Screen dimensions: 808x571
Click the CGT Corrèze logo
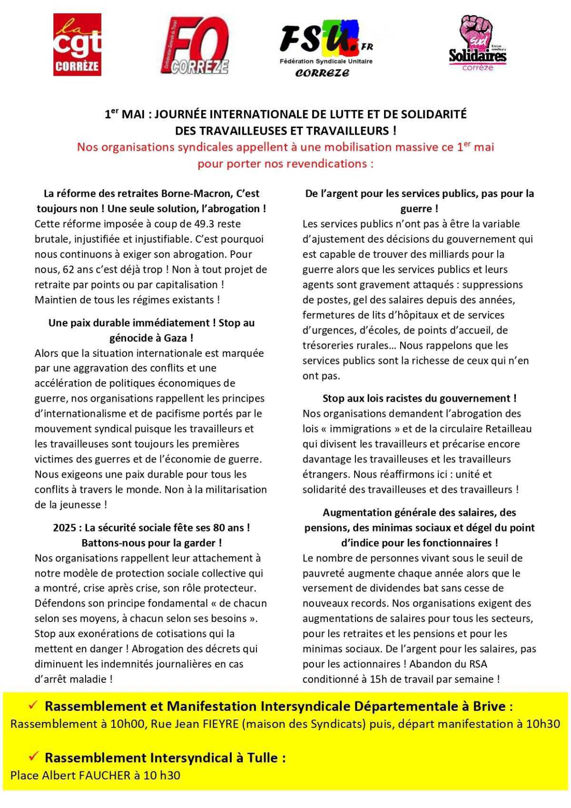coord(77,45)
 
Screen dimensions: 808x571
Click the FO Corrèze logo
coord(195,46)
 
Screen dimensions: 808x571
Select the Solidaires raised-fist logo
coord(477,43)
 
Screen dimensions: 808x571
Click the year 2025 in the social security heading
coord(64,527)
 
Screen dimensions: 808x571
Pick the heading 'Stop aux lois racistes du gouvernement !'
coord(419,398)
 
